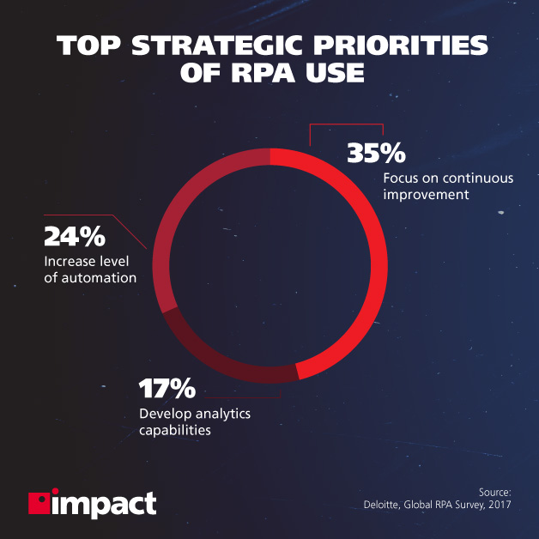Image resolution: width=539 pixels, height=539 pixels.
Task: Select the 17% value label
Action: [x=167, y=389]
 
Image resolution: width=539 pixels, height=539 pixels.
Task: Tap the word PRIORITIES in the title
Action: [x=398, y=45]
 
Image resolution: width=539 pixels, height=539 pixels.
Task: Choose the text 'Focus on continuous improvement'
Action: [x=435, y=186]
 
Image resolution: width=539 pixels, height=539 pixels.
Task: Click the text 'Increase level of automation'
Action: [x=89, y=269]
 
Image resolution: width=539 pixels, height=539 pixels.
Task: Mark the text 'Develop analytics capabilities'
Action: [x=194, y=422]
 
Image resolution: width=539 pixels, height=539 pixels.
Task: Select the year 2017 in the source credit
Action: [x=497, y=506]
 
